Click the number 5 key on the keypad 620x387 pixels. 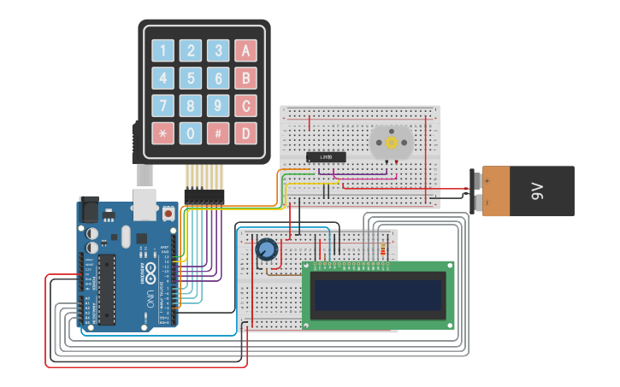coord(191,79)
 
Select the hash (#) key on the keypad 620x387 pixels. coord(219,133)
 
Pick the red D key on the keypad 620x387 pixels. coord(246,133)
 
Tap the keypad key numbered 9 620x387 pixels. coord(219,106)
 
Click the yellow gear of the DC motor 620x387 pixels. coord(392,143)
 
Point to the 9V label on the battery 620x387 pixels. coord(537,191)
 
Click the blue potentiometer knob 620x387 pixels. coord(267,249)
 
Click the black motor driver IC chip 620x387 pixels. coord(326,156)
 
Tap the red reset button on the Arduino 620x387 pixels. coord(168,211)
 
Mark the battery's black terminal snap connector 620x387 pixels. coord(476,190)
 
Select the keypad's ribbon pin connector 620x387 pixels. coord(204,196)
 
